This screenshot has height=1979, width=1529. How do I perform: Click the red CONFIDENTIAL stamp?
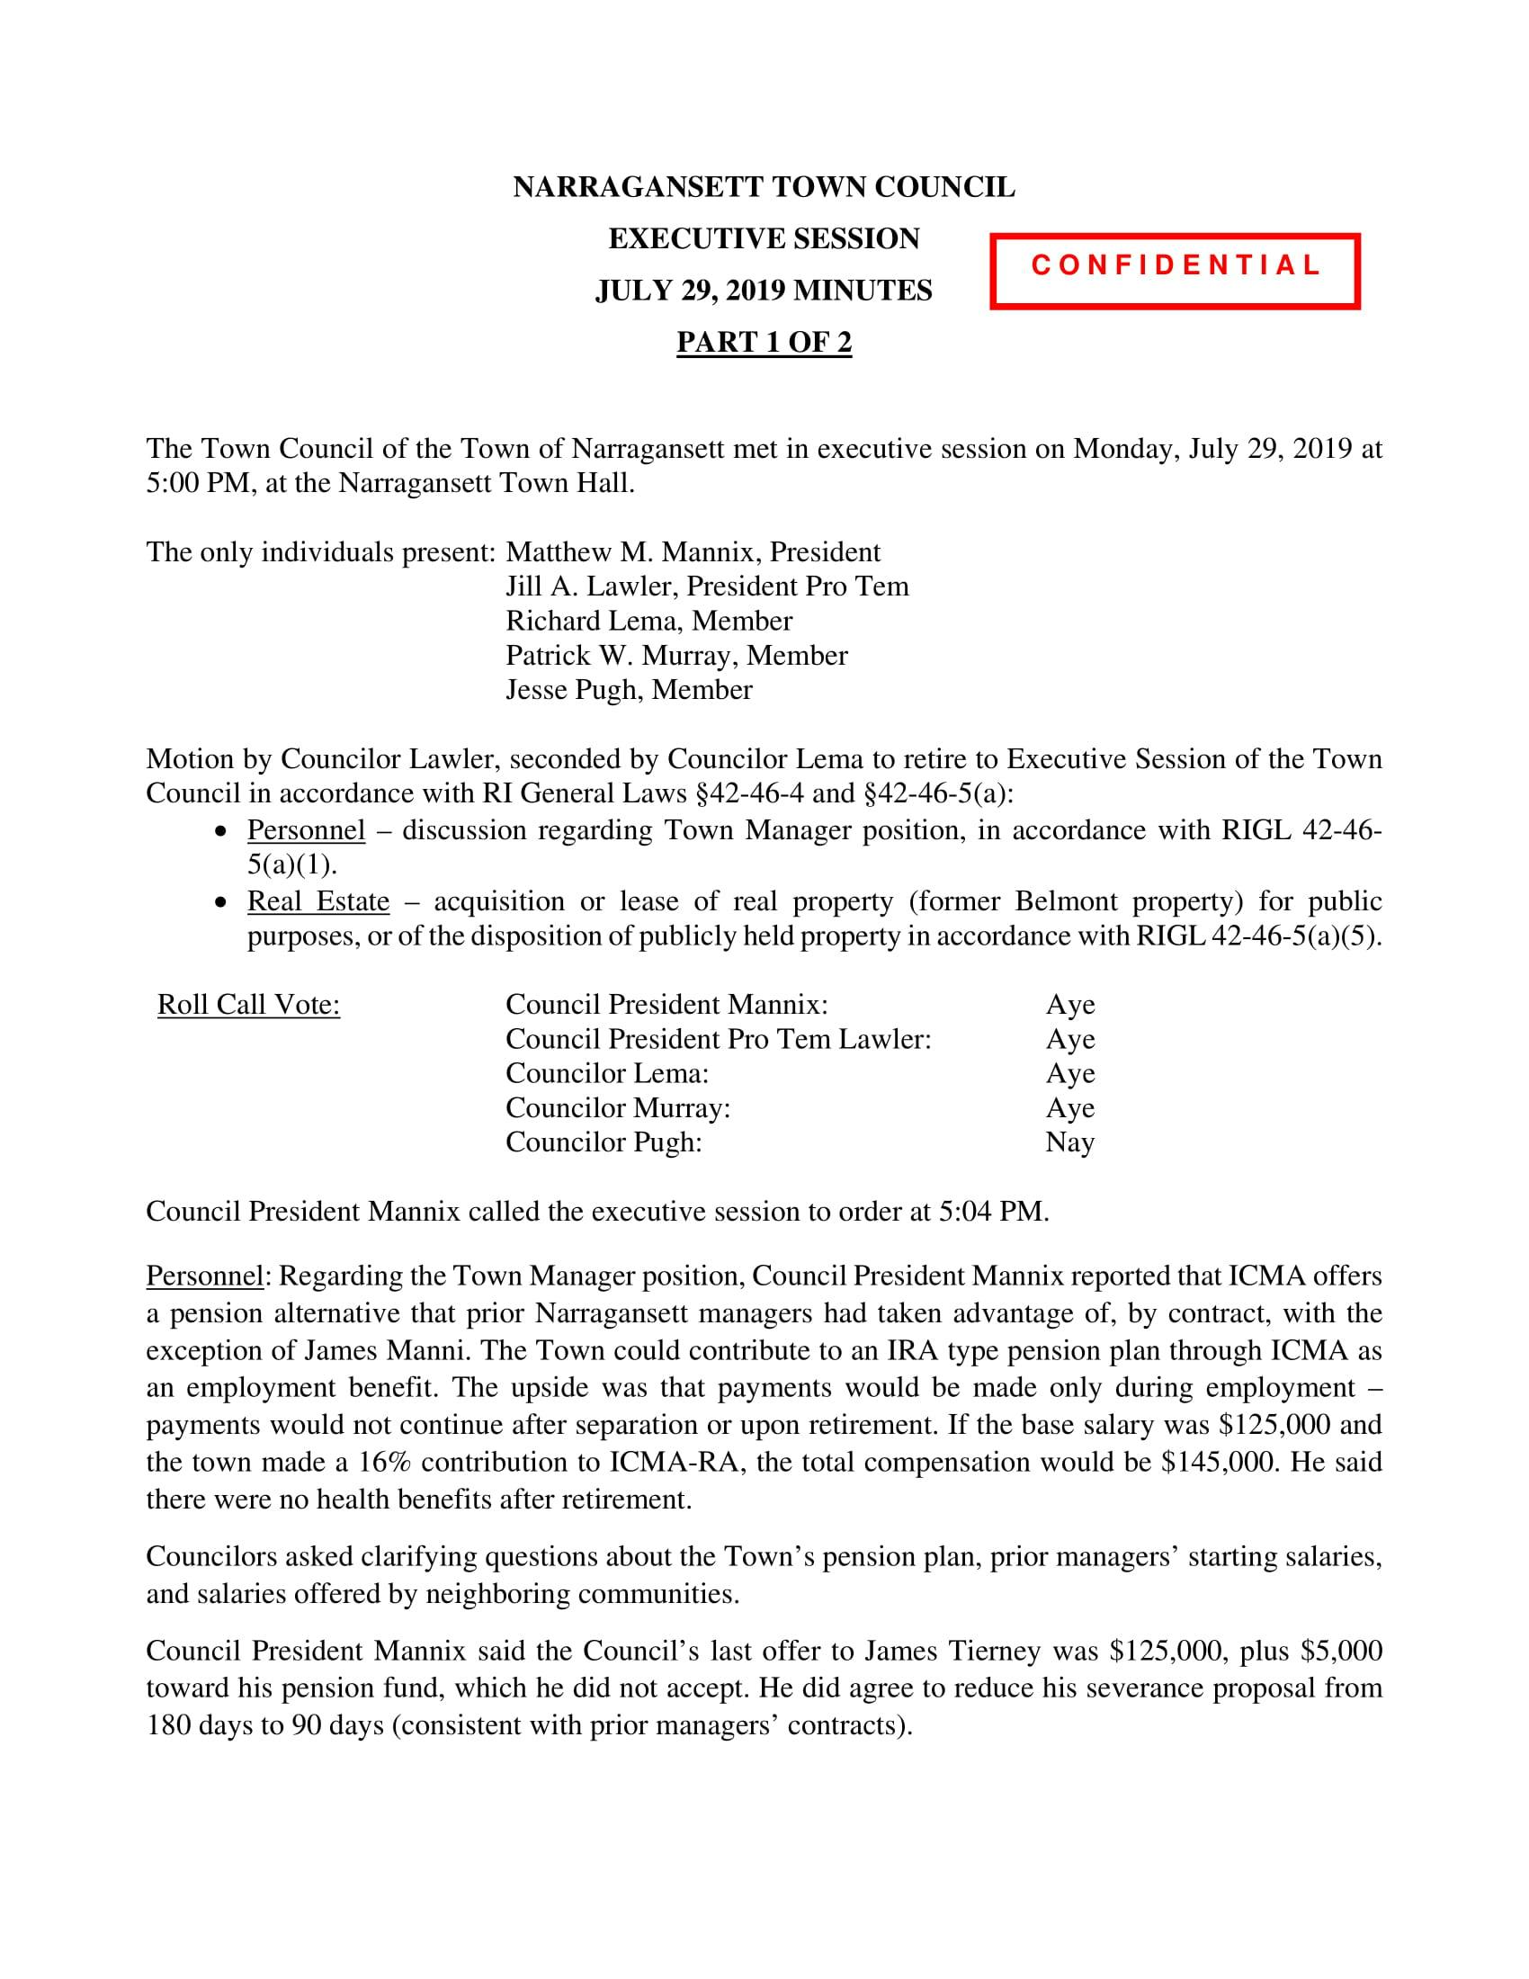tap(1175, 271)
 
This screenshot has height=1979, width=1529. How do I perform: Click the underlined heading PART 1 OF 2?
tap(764, 343)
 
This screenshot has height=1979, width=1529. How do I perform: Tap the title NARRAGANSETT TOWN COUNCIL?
tap(764, 188)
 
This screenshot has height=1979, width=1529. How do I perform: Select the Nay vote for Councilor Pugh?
tap(1069, 1142)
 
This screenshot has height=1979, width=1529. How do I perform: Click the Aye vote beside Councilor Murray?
tap(1069, 1108)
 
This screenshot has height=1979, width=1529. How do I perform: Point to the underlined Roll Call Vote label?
tap(249, 1005)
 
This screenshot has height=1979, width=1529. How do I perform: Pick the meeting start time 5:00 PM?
tap(190, 484)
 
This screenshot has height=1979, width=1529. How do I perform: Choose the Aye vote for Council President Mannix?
tap(1069, 1005)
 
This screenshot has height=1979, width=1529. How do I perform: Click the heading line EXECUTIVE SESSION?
tap(764, 239)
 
